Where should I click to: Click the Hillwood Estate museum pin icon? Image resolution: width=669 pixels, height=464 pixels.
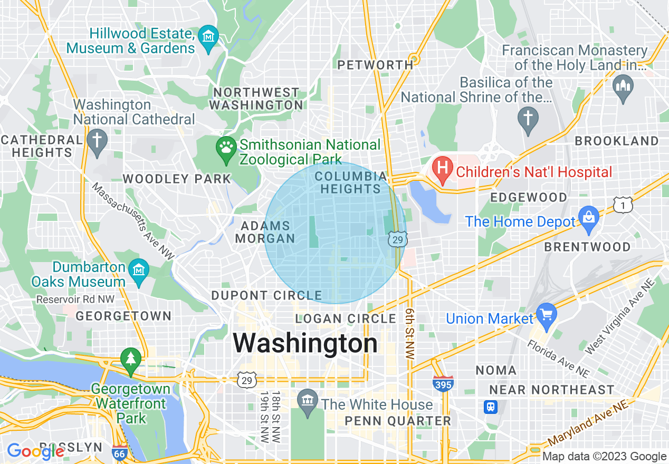[209, 37]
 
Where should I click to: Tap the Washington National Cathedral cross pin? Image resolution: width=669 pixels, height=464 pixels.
[97, 141]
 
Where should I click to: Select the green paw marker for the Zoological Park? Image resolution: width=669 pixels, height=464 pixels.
[227, 146]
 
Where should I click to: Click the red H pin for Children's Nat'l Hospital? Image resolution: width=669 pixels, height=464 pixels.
[443, 168]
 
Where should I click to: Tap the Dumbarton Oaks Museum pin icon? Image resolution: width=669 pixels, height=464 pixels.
[139, 270]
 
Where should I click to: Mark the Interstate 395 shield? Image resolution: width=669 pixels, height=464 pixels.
[443, 383]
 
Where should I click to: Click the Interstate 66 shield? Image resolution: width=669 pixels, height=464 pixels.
[119, 452]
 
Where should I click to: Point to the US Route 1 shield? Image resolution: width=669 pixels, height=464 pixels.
[623, 205]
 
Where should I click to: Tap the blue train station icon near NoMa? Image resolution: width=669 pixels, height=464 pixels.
[491, 407]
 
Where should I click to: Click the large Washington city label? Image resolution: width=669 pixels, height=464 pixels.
[305, 343]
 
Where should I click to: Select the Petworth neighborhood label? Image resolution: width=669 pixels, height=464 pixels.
[375, 65]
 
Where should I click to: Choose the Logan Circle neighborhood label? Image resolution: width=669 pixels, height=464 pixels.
[346, 318]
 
